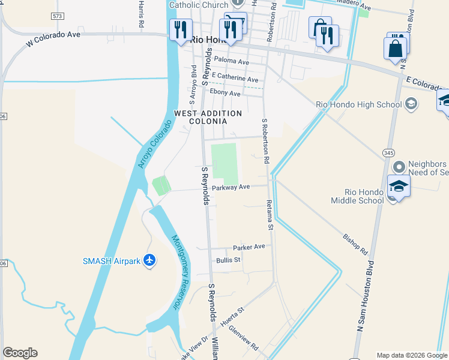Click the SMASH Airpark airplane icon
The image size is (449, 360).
(149, 260)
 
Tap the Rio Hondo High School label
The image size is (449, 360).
(358, 104)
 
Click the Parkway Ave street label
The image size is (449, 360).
(231, 187)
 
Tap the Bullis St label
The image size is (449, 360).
(228, 260)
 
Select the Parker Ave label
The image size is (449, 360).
(249, 247)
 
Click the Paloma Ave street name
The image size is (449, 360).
(231, 62)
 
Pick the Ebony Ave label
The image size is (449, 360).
(225, 94)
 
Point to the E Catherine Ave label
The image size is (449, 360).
(231, 78)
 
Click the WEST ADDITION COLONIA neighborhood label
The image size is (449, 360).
(208, 117)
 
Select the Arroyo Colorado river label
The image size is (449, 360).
(154, 144)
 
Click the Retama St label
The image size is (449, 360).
(270, 216)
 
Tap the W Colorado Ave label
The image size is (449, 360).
(53, 40)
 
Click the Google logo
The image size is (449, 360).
(20, 353)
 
